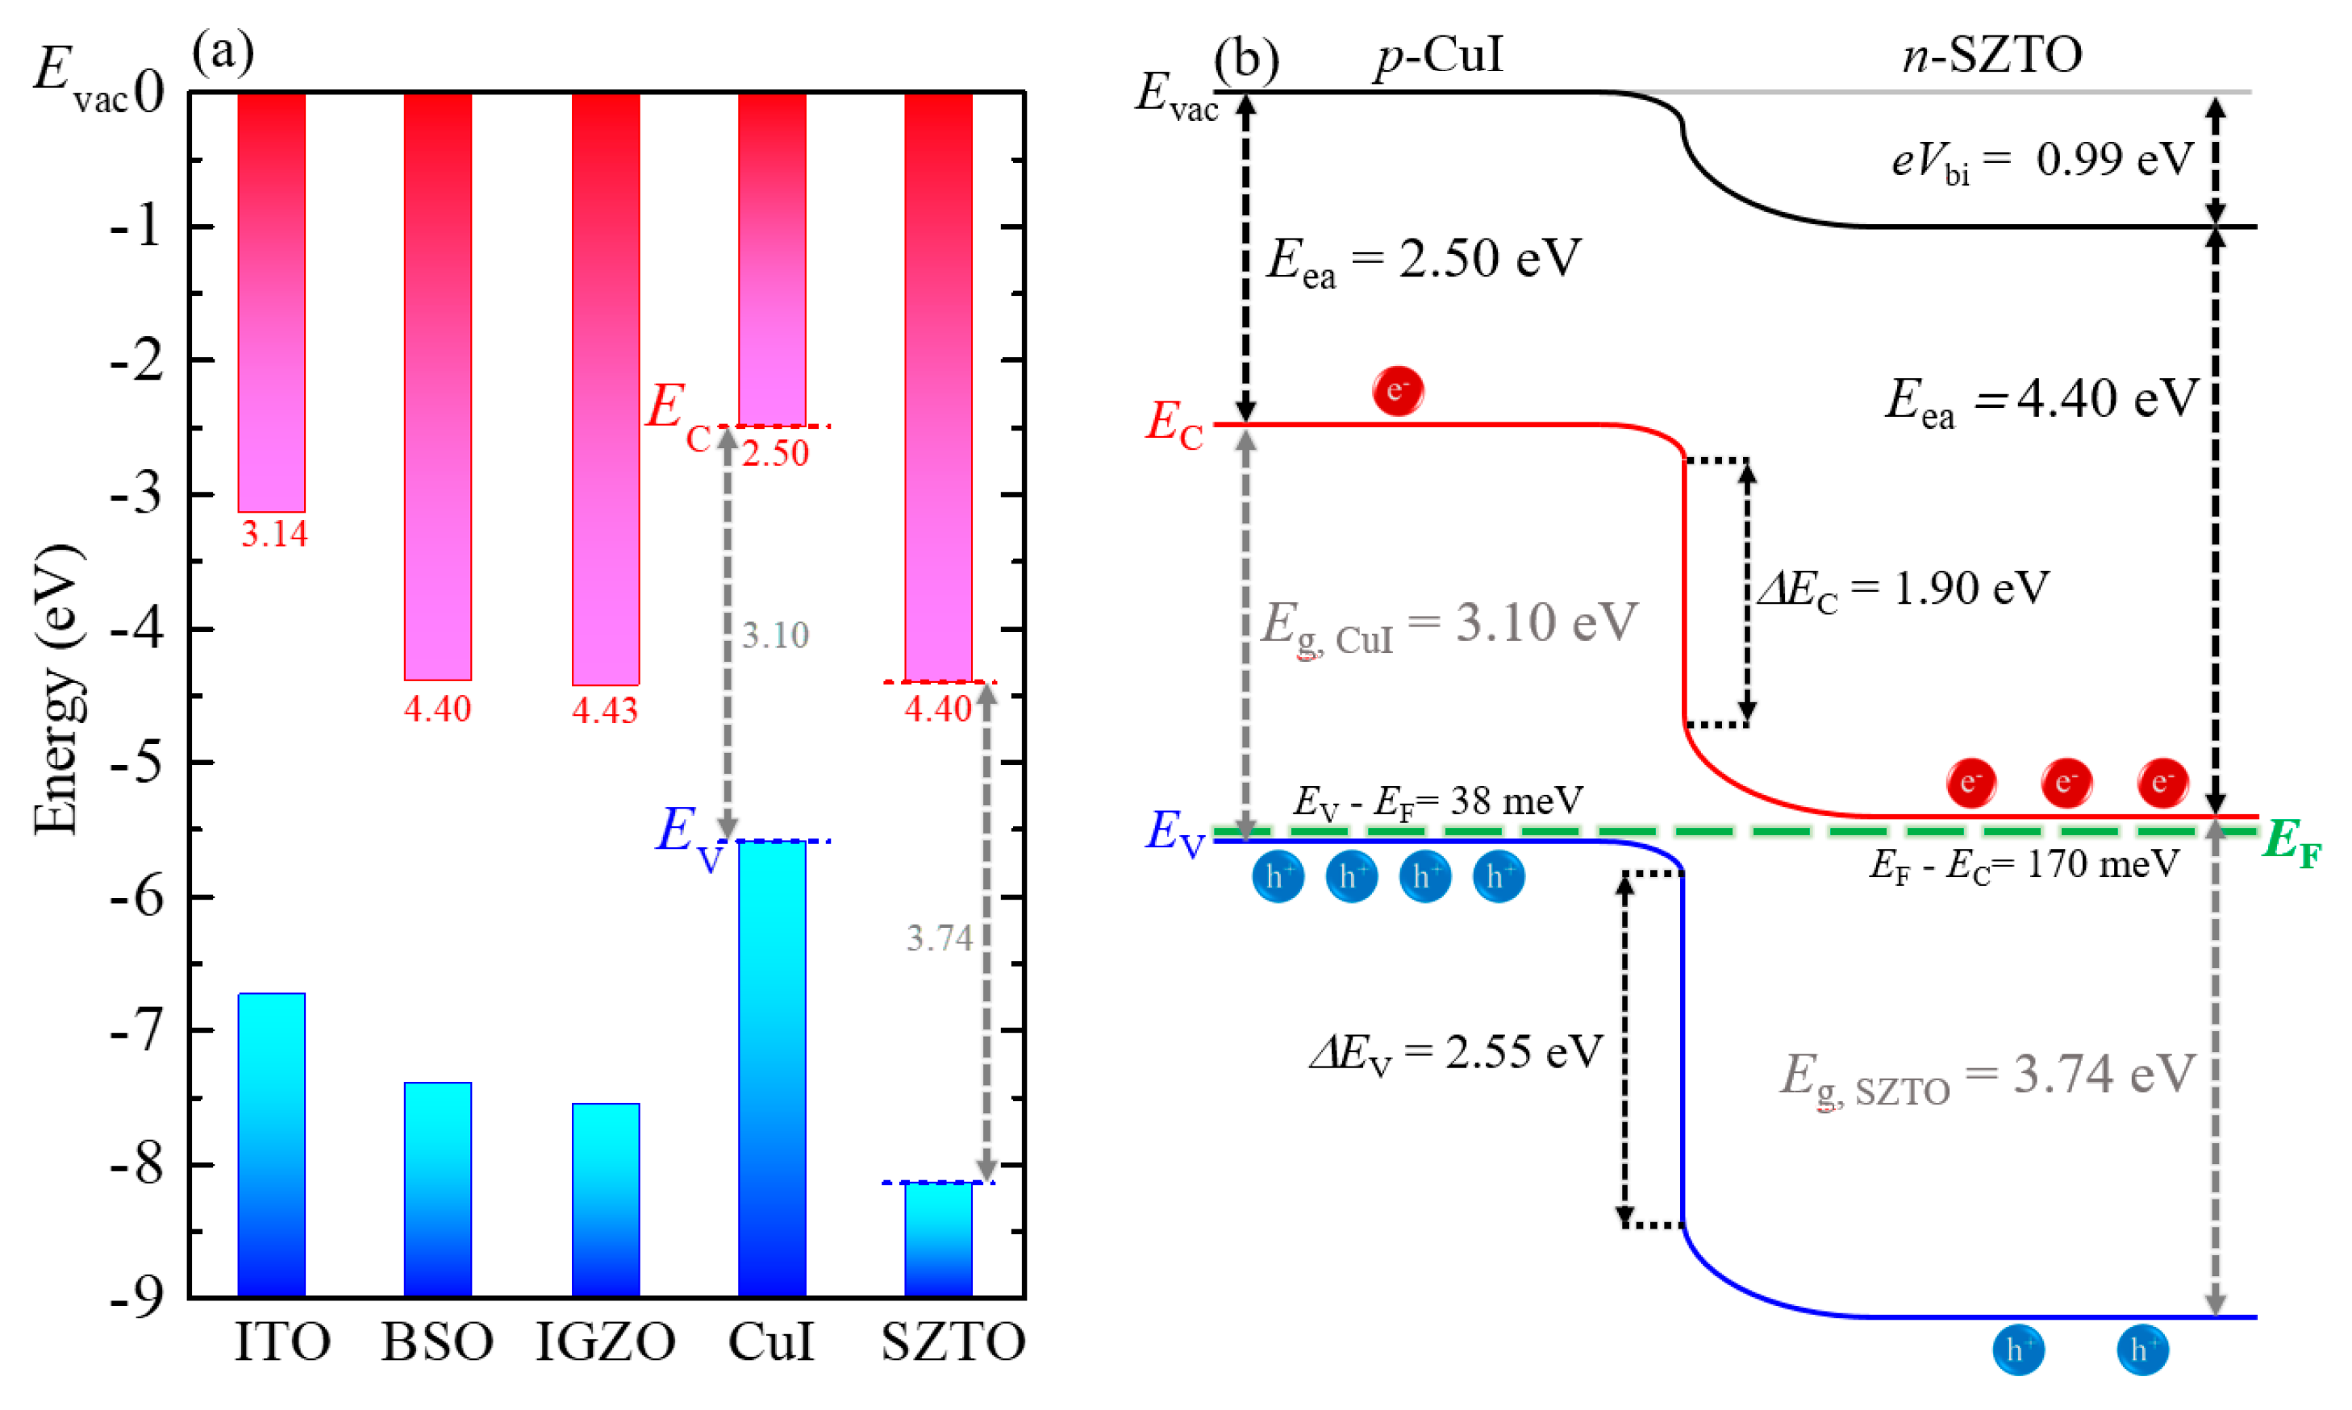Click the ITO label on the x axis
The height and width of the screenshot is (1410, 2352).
coord(281,1341)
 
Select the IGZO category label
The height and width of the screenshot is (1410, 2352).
coord(606,1341)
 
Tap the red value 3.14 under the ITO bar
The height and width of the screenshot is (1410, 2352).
coord(273,534)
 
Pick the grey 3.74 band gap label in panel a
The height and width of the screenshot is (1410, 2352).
coord(939,938)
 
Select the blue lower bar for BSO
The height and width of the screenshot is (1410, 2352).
coord(437,1187)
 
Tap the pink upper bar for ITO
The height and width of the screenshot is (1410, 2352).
coord(272,302)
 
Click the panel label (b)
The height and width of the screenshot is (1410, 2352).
coord(1246,59)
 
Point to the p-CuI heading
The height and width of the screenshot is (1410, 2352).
coord(1439,55)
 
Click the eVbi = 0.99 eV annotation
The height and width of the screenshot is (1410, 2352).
coord(2041,160)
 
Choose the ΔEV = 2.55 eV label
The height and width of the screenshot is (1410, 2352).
coord(1456,1053)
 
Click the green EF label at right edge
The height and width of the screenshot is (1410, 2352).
coord(2292,842)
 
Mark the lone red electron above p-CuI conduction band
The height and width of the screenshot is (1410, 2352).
coord(1397,390)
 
